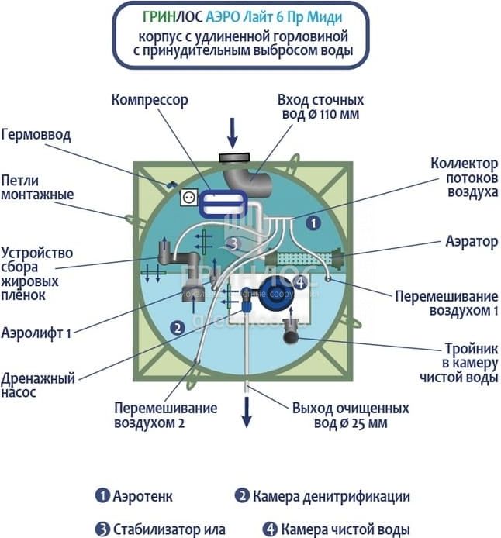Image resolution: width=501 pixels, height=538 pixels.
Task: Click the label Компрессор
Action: click(x=150, y=101)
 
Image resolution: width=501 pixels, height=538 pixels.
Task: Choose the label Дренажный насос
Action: click(x=38, y=386)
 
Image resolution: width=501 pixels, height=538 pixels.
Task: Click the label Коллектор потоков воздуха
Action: click(x=464, y=178)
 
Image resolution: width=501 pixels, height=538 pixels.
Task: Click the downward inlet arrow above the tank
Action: click(x=232, y=133)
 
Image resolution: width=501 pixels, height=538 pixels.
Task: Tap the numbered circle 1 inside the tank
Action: click(x=313, y=222)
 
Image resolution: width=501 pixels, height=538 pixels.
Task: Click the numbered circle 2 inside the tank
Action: click(x=178, y=328)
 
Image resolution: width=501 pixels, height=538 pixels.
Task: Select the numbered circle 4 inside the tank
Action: click(x=299, y=283)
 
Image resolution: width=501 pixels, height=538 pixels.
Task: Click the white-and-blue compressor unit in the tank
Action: click(x=222, y=204)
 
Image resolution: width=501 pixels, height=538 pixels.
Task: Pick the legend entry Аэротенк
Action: click(x=133, y=496)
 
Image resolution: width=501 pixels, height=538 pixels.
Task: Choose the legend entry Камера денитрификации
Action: click(x=322, y=496)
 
